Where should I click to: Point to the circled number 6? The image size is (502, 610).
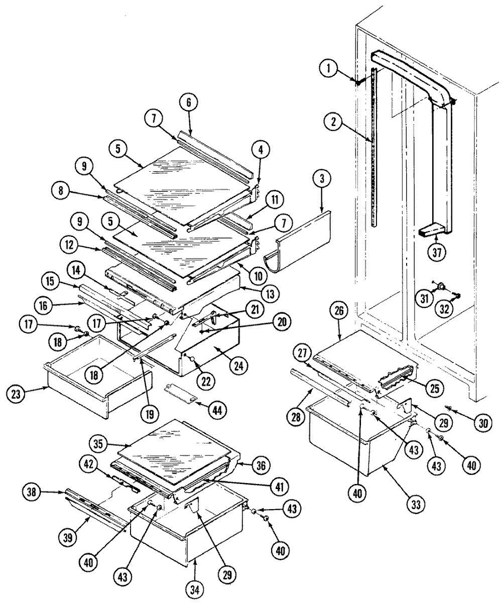pyautogui.click(x=188, y=102)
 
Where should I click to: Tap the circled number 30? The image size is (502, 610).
pyautogui.click(x=483, y=423)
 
